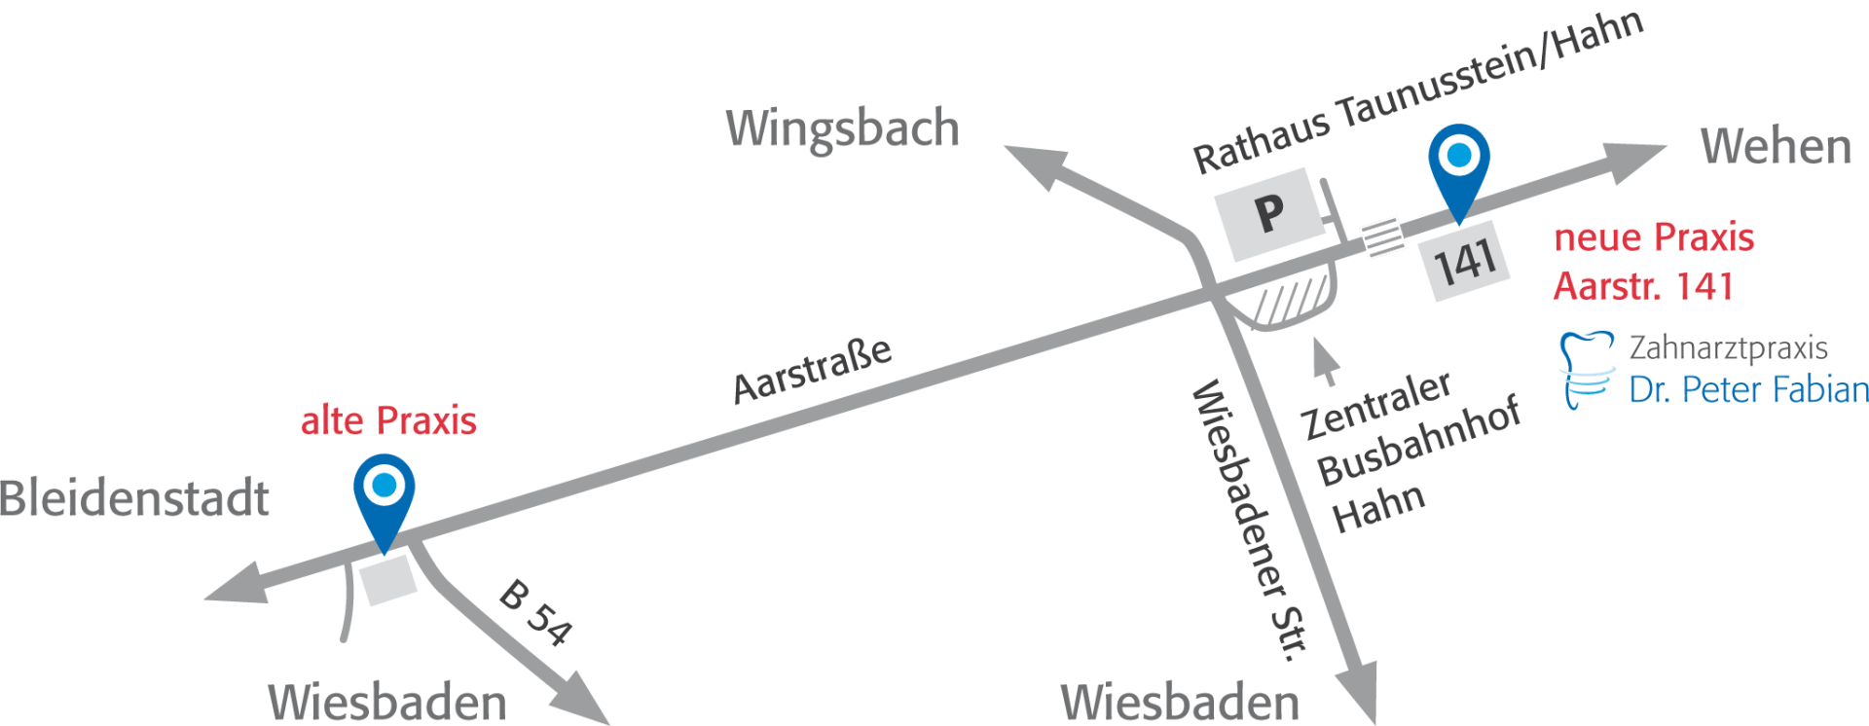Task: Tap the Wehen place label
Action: tap(1776, 147)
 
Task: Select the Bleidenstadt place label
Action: tap(134, 498)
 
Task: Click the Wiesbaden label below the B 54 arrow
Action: tap(387, 701)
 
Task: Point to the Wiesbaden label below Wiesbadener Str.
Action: tap(1180, 701)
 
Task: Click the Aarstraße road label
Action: tap(812, 370)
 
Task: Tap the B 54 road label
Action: tap(533, 612)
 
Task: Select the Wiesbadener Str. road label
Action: tap(1249, 521)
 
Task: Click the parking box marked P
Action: tap(1269, 213)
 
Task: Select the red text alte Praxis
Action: tap(388, 421)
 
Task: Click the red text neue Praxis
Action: tap(1654, 237)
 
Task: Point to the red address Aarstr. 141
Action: tap(1642, 287)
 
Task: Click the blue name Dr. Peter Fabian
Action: tap(1748, 389)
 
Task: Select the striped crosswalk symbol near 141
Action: tap(1382, 236)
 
